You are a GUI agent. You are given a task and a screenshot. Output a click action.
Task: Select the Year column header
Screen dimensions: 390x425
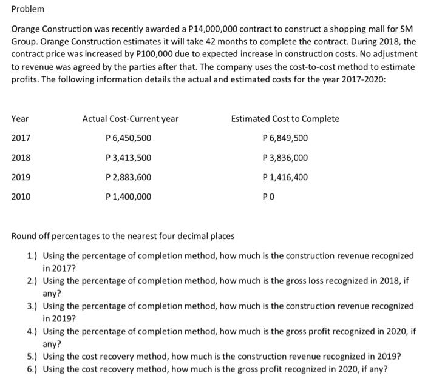tap(20, 119)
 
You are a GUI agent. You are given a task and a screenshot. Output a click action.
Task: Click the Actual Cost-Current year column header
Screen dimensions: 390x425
tap(131, 119)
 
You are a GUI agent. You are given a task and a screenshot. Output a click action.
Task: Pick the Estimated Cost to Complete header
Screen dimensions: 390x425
tap(285, 119)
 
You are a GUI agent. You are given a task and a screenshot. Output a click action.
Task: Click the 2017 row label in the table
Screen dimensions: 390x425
tap(21, 138)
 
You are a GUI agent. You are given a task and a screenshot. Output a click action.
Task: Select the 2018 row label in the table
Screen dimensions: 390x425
tap(21, 158)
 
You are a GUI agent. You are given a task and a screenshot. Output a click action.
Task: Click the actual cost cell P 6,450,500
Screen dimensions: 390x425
tap(128, 138)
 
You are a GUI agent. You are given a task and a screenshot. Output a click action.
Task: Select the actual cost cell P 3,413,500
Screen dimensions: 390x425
tap(128, 158)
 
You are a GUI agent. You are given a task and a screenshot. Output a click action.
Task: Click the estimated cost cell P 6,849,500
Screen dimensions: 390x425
tap(284, 138)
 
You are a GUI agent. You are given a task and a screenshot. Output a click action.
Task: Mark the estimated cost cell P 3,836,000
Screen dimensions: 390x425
tap(284, 158)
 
